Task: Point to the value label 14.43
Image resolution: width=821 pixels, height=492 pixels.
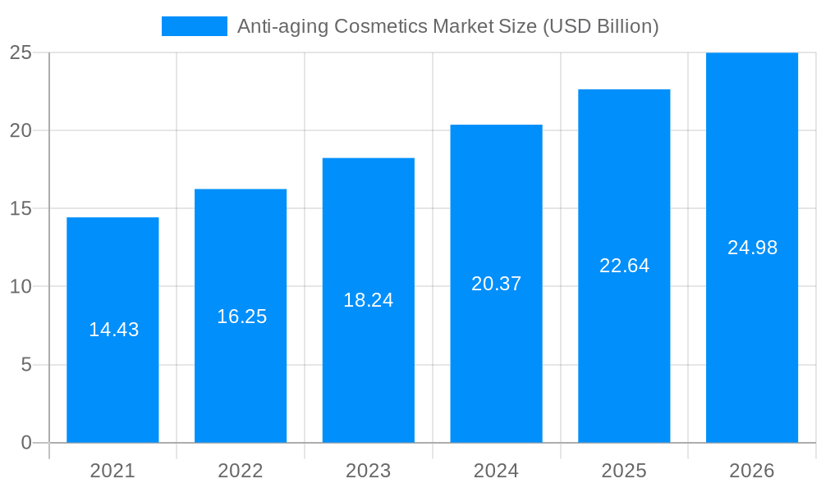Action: pos(114,330)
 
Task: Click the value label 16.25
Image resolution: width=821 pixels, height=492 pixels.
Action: pos(241,317)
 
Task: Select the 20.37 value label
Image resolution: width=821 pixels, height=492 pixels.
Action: pos(496,284)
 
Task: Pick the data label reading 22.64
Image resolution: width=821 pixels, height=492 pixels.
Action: pos(624,266)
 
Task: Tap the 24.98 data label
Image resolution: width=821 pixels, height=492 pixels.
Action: pos(752,248)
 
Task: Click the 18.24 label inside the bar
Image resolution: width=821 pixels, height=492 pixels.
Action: pos(368,300)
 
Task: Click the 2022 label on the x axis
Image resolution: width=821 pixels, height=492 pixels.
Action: pos(241,471)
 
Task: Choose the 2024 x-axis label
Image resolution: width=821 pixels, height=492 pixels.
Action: pos(496,471)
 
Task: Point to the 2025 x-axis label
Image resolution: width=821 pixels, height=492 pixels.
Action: pos(624,471)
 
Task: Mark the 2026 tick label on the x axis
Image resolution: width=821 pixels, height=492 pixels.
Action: pos(752,471)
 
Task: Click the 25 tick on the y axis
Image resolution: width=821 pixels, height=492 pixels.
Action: pos(21,52)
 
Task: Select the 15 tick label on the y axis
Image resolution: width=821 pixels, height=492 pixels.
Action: pos(21,208)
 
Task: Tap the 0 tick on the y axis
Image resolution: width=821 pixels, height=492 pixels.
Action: pos(25,443)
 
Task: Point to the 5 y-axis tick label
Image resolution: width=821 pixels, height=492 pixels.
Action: pos(25,365)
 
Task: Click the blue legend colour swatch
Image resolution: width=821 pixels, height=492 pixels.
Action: pos(195,26)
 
